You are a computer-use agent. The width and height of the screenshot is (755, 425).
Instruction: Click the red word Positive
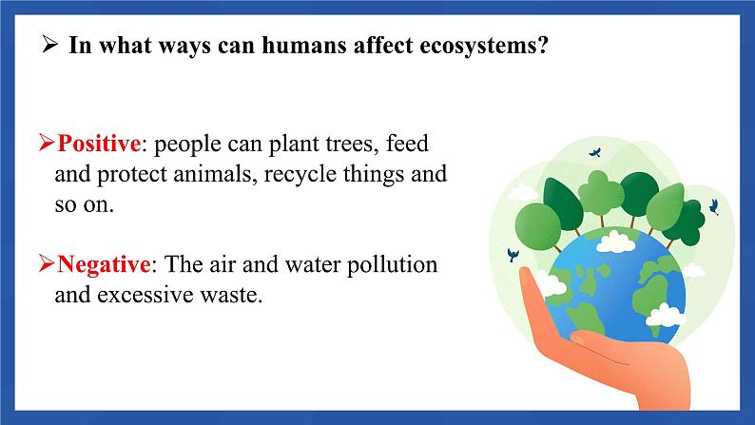click(99, 144)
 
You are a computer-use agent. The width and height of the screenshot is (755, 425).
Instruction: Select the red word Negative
click(104, 264)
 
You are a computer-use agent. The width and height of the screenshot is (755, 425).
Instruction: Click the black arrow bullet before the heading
click(49, 45)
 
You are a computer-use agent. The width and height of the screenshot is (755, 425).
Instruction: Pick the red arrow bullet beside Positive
click(47, 143)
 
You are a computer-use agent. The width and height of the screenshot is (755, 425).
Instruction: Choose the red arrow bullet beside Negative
click(47, 263)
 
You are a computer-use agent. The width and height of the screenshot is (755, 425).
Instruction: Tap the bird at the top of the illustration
click(595, 152)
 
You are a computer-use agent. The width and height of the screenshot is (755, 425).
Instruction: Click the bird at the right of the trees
click(714, 207)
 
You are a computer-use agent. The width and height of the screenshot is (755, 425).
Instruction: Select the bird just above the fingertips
click(513, 255)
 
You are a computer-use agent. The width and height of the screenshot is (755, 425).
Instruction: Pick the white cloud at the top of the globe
click(615, 241)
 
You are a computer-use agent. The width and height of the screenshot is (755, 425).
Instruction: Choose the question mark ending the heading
click(542, 45)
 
